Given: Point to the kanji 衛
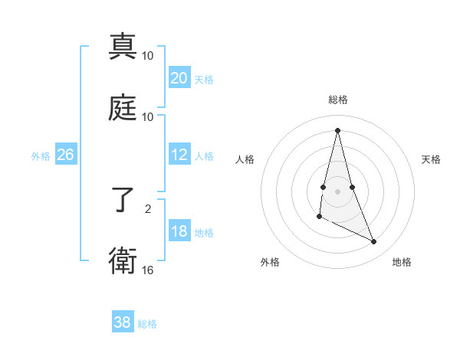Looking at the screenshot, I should click(x=123, y=260).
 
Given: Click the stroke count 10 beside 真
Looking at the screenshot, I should click(x=148, y=56).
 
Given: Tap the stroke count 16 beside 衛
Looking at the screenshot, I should click(x=148, y=270).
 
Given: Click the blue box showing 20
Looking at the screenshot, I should click(x=179, y=78).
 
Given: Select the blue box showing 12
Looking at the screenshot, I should click(x=179, y=155).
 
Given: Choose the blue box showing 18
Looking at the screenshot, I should click(x=179, y=232).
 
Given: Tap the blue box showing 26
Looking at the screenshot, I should click(x=66, y=155).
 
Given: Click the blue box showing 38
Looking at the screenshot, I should click(x=123, y=322).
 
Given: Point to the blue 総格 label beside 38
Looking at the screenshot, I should click(x=147, y=324).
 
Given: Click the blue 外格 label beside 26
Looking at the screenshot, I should click(x=41, y=156).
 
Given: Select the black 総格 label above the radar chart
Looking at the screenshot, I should click(x=338, y=100).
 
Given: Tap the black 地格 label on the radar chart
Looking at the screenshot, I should click(x=402, y=262).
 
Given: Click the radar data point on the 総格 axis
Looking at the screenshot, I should click(x=338, y=130).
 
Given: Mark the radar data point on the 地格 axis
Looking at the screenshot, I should click(x=374, y=242).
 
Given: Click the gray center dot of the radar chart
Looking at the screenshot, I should click(x=338, y=191).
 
